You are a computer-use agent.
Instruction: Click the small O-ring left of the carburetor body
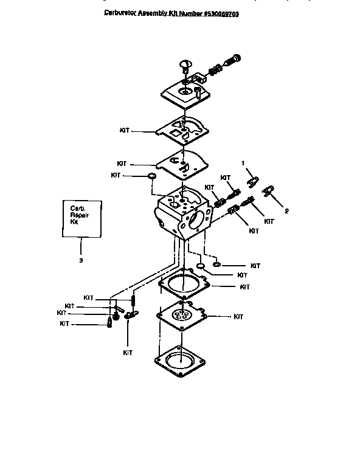click(x=151, y=176)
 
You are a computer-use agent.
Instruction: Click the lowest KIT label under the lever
click(x=128, y=352)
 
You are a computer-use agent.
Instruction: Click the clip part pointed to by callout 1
click(x=254, y=181)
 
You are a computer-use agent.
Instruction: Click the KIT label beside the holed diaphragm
click(x=238, y=317)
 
